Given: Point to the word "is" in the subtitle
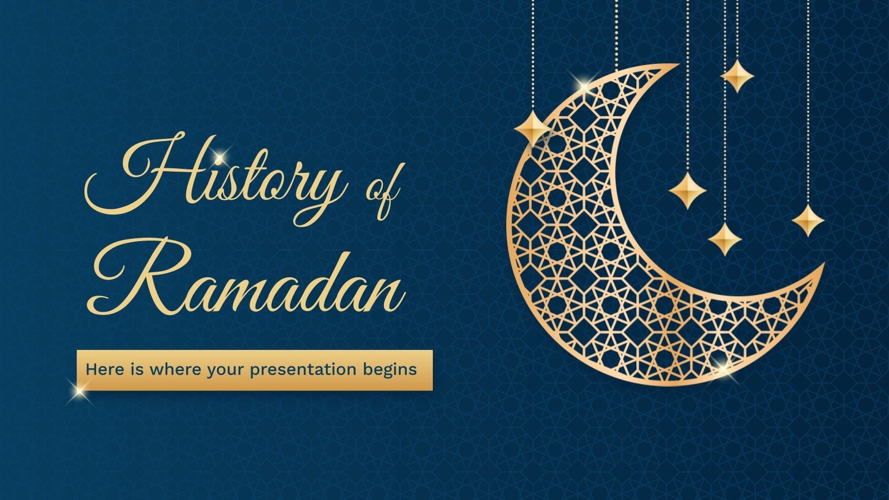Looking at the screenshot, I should click(x=137, y=369).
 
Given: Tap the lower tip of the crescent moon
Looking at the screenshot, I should click(x=822, y=266).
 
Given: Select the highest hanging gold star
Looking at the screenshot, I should click(x=737, y=76).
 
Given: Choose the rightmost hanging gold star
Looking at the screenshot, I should click(x=807, y=220).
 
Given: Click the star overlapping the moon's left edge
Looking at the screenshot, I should click(x=532, y=128).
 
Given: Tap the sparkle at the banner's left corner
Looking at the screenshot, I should click(x=81, y=389).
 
